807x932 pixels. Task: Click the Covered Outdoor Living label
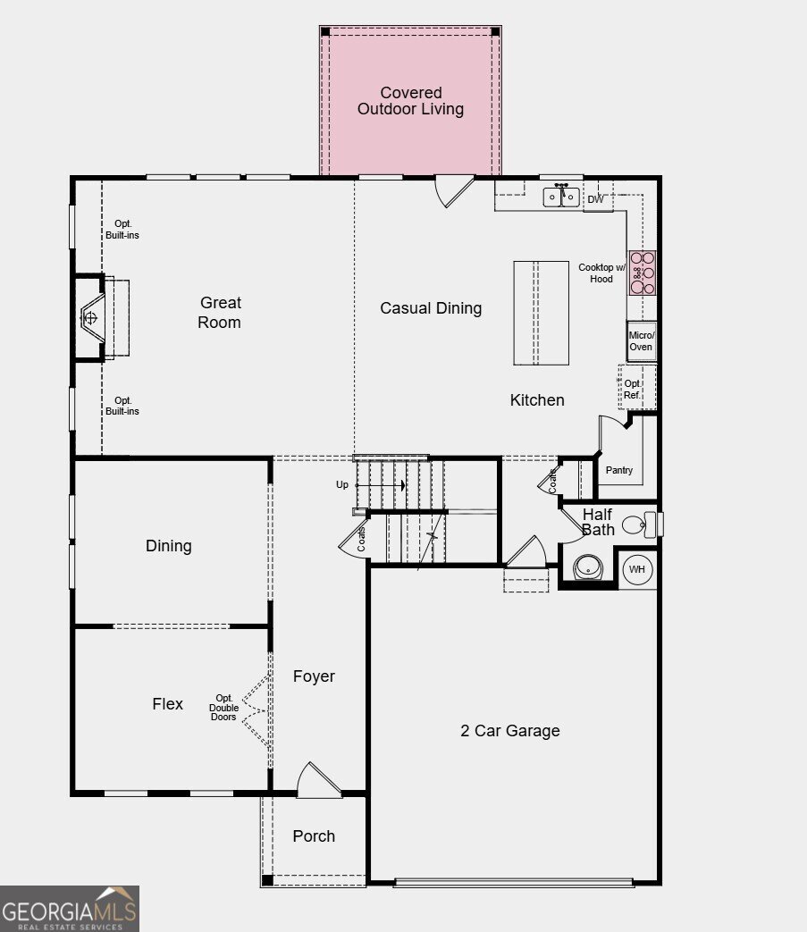coord(410,101)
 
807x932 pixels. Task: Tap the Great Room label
coord(220,313)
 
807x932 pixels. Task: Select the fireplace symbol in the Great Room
coord(91,317)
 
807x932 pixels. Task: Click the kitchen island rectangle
coord(541,313)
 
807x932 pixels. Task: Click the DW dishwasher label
coord(595,199)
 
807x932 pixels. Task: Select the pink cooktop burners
coord(643,273)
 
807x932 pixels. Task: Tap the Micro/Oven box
coord(641,340)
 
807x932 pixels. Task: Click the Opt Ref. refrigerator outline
coord(635,388)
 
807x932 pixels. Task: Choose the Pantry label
coord(618,470)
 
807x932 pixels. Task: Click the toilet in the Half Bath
coord(636,525)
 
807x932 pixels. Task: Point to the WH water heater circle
coord(637,569)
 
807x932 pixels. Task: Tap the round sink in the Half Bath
coord(588,567)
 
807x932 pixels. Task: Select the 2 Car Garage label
coord(510,730)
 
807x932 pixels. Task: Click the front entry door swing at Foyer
coord(317,780)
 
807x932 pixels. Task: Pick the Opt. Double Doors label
coord(224,708)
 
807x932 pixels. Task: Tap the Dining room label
coord(169,546)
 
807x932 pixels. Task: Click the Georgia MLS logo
coord(70,909)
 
